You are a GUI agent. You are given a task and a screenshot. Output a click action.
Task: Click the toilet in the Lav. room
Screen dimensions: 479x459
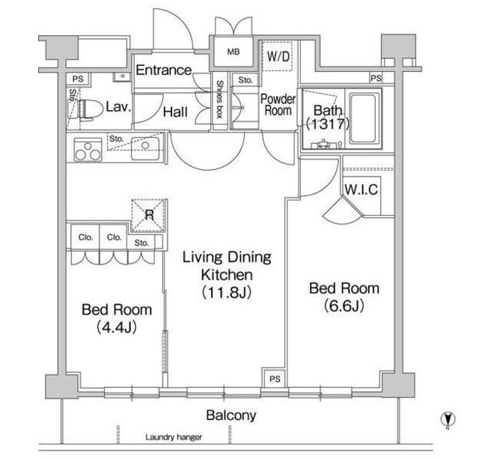pyautogui.click(x=90, y=109)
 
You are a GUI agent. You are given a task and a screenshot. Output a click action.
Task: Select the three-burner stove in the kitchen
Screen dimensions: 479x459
pyautogui.click(x=88, y=150)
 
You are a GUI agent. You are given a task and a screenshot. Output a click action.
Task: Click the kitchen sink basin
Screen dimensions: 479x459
pyautogui.click(x=145, y=148)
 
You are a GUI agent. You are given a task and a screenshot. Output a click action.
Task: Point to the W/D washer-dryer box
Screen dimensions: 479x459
pyautogui.click(x=277, y=56)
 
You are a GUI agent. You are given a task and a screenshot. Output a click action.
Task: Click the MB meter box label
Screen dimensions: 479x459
pyautogui.click(x=234, y=52)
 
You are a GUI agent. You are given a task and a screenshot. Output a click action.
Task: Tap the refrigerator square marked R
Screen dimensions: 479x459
pyautogui.click(x=149, y=215)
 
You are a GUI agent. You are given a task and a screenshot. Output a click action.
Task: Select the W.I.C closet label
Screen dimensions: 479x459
pyautogui.click(x=361, y=189)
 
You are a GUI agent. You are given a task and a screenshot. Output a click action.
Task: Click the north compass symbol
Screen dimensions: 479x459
pyautogui.click(x=448, y=419)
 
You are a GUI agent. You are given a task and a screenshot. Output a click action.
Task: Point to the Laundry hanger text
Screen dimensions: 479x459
pyautogui.click(x=174, y=437)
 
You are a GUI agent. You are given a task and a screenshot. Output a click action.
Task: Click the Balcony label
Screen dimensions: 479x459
pyautogui.click(x=231, y=416)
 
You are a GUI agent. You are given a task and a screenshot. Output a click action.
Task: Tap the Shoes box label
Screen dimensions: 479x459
pyautogui.click(x=219, y=100)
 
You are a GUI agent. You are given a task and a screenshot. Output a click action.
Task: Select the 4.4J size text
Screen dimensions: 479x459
pyautogui.click(x=117, y=328)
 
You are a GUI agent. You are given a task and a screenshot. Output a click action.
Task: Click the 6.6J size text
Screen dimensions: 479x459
pyautogui.click(x=344, y=306)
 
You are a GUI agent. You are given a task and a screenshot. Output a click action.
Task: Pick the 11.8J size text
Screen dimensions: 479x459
pyautogui.click(x=227, y=293)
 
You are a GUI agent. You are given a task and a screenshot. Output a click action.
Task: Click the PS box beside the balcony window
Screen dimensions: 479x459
pyautogui.click(x=275, y=379)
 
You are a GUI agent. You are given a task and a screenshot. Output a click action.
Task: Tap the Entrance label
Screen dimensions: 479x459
pyautogui.click(x=164, y=70)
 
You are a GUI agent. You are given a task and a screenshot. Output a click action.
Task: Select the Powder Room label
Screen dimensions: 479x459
pyautogui.click(x=278, y=105)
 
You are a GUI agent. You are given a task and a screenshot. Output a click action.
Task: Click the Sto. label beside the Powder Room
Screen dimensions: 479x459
pyautogui.click(x=245, y=80)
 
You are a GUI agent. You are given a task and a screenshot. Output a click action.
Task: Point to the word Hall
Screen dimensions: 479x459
pyautogui.click(x=175, y=112)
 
